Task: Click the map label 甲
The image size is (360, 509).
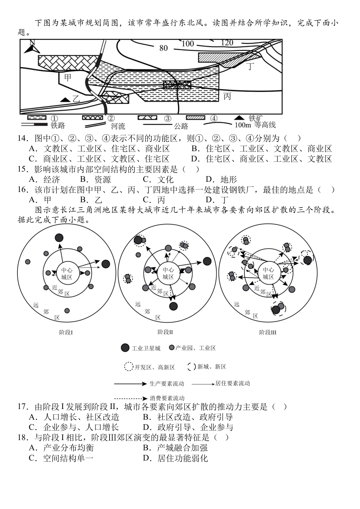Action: point(67,78)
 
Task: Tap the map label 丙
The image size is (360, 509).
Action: point(227,96)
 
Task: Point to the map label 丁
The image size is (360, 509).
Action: point(250,67)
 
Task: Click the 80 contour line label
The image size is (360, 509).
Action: point(163,48)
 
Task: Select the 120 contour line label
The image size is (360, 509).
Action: point(227,42)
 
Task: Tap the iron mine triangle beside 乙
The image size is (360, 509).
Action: point(66,99)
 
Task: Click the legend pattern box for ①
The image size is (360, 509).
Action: point(37,118)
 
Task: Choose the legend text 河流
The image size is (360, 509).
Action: point(118,126)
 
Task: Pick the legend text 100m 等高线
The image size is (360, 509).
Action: point(255,125)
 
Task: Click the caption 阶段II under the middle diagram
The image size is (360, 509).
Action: point(165,332)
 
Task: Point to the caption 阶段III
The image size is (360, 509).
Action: point(268,333)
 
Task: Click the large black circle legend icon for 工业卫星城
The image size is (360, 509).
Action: point(125,348)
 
